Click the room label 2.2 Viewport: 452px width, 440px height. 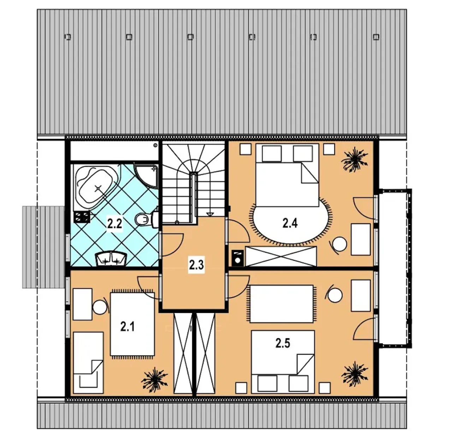click(115, 224)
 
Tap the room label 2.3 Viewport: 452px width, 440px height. click(196, 265)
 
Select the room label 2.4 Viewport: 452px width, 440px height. click(290, 223)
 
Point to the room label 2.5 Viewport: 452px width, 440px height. click(283, 343)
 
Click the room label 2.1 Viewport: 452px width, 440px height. click(127, 327)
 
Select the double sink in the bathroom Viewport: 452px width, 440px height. click(112, 259)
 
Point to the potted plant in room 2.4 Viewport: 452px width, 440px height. click(355, 160)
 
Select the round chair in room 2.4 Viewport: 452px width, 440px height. click(339, 244)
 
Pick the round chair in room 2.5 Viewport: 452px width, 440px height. click(334, 295)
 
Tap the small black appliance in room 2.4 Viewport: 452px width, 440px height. click(237, 258)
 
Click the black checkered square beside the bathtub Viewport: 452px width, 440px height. click(82, 217)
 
